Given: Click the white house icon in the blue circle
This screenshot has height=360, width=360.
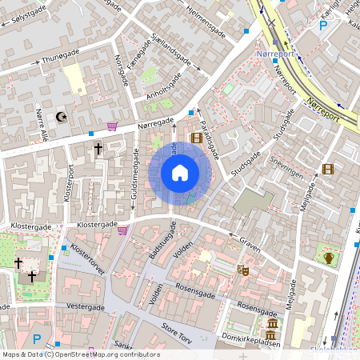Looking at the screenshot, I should (x=180, y=172).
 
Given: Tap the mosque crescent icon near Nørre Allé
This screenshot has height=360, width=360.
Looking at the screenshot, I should (x=60, y=117).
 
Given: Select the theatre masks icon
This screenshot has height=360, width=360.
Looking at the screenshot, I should (x=243, y=270).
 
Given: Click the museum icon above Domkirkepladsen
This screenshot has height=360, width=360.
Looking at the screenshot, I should (x=272, y=324).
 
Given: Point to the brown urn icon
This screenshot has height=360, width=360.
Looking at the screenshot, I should (x=330, y=258).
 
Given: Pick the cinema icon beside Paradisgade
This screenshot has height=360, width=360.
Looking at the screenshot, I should (x=197, y=138).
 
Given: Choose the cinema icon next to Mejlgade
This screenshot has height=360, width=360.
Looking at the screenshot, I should (x=327, y=168).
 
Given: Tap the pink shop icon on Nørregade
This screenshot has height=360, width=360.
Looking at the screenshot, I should (x=113, y=126).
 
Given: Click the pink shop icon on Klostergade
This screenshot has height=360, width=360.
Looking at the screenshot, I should (x=122, y=230).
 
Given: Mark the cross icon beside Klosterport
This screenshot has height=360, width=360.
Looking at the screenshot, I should (x=98, y=149).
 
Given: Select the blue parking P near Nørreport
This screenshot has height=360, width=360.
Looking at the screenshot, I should (x=324, y=26).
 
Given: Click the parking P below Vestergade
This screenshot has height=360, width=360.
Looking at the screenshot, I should (x=36, y=339).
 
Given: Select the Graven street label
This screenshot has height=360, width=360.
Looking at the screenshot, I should (x=250, y=243).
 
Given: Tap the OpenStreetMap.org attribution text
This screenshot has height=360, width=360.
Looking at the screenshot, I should (x=116, y=354).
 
